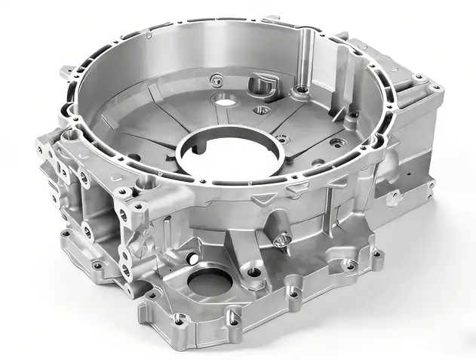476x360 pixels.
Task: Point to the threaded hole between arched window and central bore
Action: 261,109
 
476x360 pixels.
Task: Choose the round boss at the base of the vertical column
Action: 302,90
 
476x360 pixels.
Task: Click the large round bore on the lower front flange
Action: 209,283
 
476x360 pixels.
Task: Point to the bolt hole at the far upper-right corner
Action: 436,88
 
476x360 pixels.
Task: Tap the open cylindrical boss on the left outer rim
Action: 70,135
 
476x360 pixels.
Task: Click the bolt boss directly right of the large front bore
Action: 254,271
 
